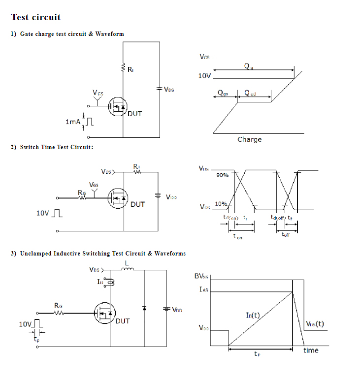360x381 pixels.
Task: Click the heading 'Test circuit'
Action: click(36, 17)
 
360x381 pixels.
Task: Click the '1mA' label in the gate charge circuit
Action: click(72, 121)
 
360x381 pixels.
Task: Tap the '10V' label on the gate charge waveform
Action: click(205, 76)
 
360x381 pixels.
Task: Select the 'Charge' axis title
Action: click(250, 139)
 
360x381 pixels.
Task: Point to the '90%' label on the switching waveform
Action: click(223, 175)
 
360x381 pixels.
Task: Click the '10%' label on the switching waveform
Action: click(221, 203)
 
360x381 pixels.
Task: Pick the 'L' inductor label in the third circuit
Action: click(127, 263)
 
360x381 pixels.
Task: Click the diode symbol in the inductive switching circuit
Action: click(144, 308)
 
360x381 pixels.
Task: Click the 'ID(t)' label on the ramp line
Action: click(253, 315)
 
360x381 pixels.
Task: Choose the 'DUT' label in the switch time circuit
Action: click(138, 204)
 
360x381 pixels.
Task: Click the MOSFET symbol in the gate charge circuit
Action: click(117, 105)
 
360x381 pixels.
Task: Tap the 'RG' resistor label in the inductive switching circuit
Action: click(59, 306)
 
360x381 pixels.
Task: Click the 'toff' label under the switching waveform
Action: click(286, 235)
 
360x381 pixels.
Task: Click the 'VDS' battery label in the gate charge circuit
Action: click(169, 90)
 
